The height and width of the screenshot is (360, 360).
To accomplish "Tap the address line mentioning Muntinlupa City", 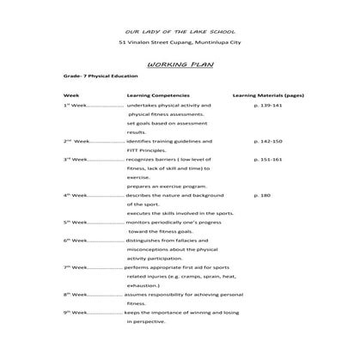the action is pos(179,43).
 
